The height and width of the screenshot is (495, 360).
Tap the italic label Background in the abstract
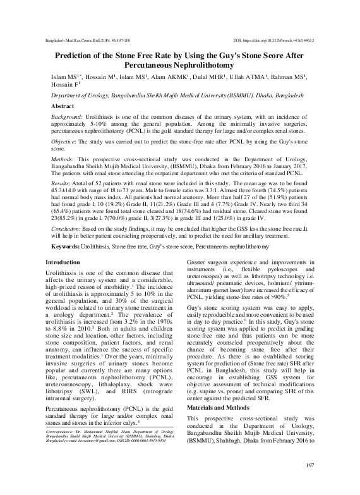tap(66, 119)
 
